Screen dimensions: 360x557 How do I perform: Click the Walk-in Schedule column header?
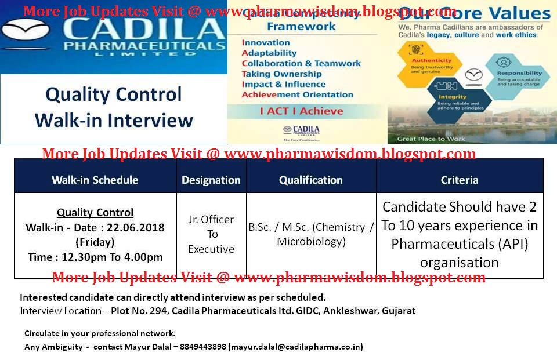click(x=95, y=180)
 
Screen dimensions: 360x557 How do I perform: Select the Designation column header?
click(x=211, y=180)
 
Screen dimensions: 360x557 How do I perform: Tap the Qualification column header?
click(x=311, y=180)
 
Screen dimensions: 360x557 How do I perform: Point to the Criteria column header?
click(x=460, y=180)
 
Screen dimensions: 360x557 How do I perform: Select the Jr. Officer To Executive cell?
click(x=211, y=234)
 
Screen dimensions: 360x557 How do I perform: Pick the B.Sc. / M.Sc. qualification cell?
click(x=311, y=234)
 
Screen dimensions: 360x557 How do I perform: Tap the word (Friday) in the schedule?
click(x=95, y=242)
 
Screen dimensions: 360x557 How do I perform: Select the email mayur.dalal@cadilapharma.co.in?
click(x=295, y=347)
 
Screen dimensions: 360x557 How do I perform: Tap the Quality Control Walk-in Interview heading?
click(x=114, y=107)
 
